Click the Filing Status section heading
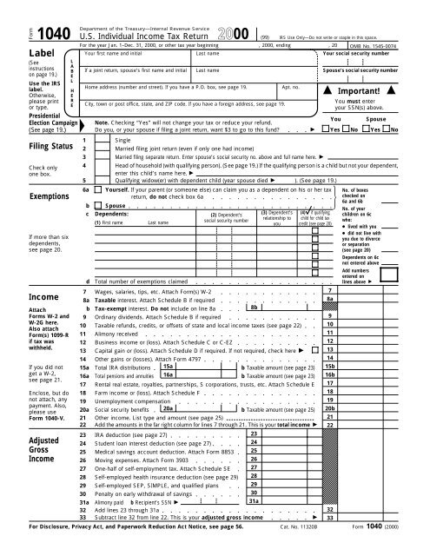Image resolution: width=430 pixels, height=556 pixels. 35,149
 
